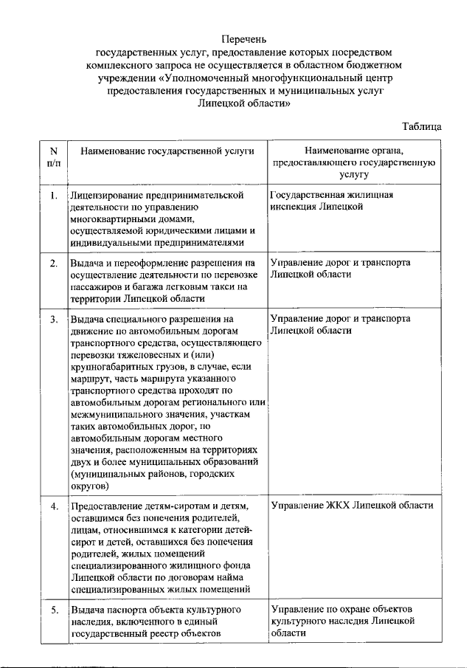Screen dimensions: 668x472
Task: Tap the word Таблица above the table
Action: (x=422, y=127)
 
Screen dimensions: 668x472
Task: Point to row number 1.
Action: (x=53, y=196)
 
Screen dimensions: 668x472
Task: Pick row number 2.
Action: (x=53, y=263)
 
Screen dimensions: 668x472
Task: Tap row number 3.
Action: (x=53, y=319)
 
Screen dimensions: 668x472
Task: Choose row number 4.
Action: (x=53, y=506)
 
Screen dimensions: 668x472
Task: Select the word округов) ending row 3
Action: (x=90, y=486)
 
